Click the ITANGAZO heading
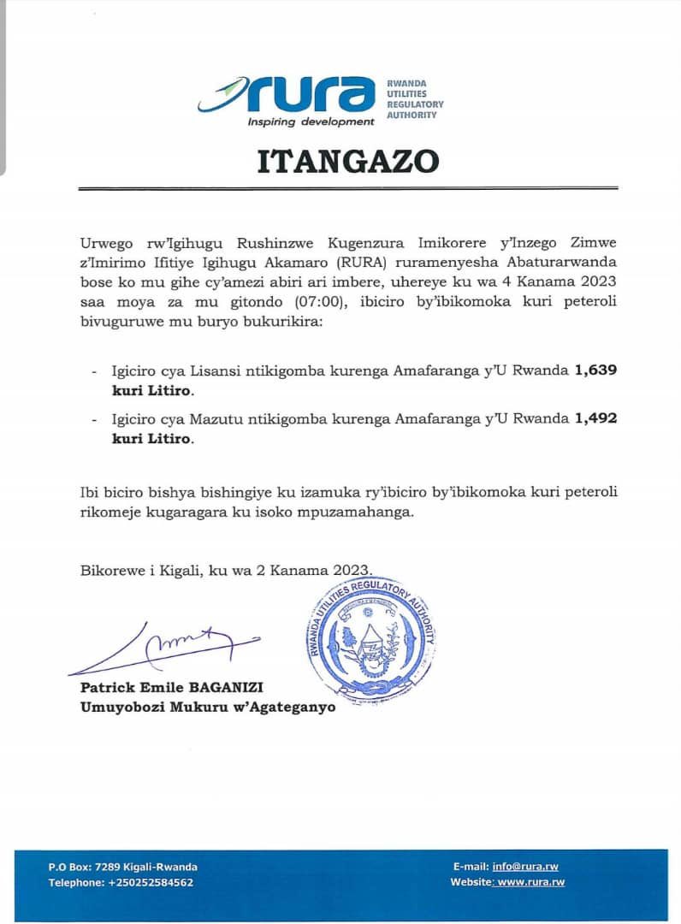pos(348,161)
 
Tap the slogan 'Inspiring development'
pos(311,121)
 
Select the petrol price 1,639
pos(596,370)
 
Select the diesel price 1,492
pos(596,418)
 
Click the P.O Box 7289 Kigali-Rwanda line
pos(122,867)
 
